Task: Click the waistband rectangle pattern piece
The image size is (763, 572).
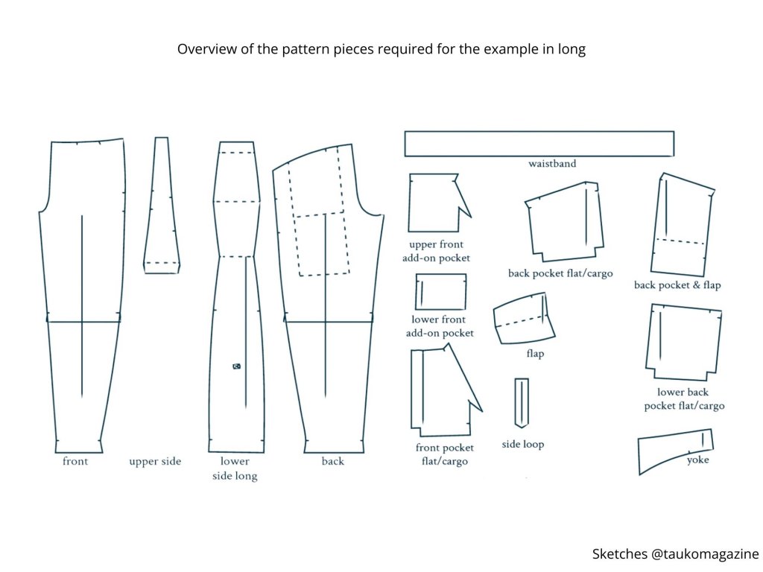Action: [x=539, y=144]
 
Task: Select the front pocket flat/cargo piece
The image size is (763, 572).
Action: [x=440, y=391]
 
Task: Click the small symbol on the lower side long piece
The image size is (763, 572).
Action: [x=236, y=366]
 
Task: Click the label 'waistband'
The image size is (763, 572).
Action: [x=552, y=164]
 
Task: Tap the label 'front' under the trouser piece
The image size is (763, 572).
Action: [x=75, y=462]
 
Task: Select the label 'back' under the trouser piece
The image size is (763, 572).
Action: [x=333, y=462]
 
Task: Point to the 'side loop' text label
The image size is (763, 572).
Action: [x=523, y=445]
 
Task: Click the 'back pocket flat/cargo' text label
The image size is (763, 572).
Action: [x=560, y=273]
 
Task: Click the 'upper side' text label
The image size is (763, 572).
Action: [x=155, y=462]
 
